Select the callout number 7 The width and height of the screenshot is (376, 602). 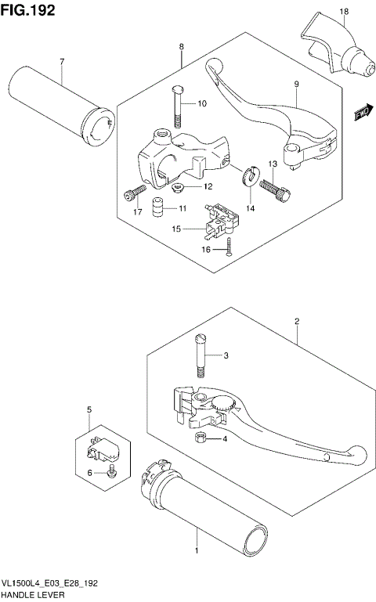(61, 60)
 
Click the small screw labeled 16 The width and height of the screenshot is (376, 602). (227, 250)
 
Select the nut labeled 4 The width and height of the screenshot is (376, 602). (201, 437)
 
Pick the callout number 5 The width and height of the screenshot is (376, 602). (89, 409)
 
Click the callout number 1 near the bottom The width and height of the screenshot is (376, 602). (196, 550)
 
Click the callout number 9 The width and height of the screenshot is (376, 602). (297, 84)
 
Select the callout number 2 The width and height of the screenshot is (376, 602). (297, 321)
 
